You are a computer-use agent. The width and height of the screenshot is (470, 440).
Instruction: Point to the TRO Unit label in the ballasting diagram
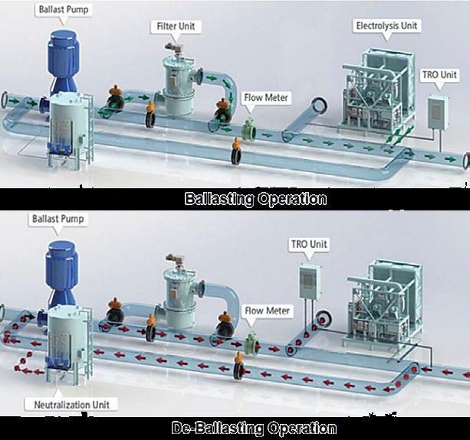439,75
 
